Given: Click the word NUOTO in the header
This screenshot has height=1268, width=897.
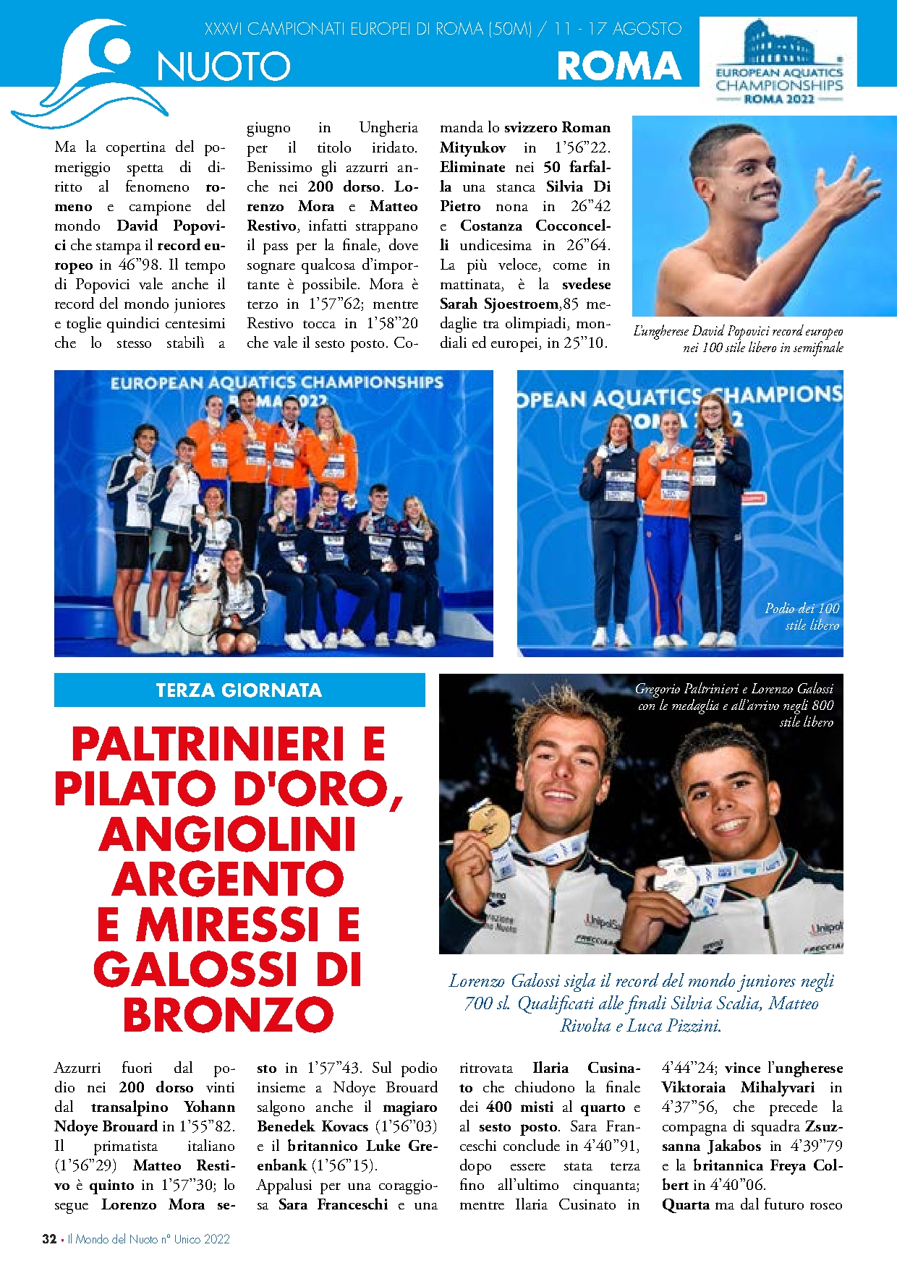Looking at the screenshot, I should [224, 67].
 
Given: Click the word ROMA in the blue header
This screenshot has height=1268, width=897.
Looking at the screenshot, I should [619, 67].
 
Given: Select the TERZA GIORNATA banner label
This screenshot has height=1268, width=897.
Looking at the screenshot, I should [239, 690].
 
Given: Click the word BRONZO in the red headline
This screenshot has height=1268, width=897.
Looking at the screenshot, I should [228, 1015].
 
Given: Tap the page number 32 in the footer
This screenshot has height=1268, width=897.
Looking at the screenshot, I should [49, 1239].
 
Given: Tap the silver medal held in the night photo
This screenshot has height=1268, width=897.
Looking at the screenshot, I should [676, 883].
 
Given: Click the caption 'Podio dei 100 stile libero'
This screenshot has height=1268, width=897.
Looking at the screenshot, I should [802, 617].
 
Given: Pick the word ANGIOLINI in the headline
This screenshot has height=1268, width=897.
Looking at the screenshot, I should [228, 834].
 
